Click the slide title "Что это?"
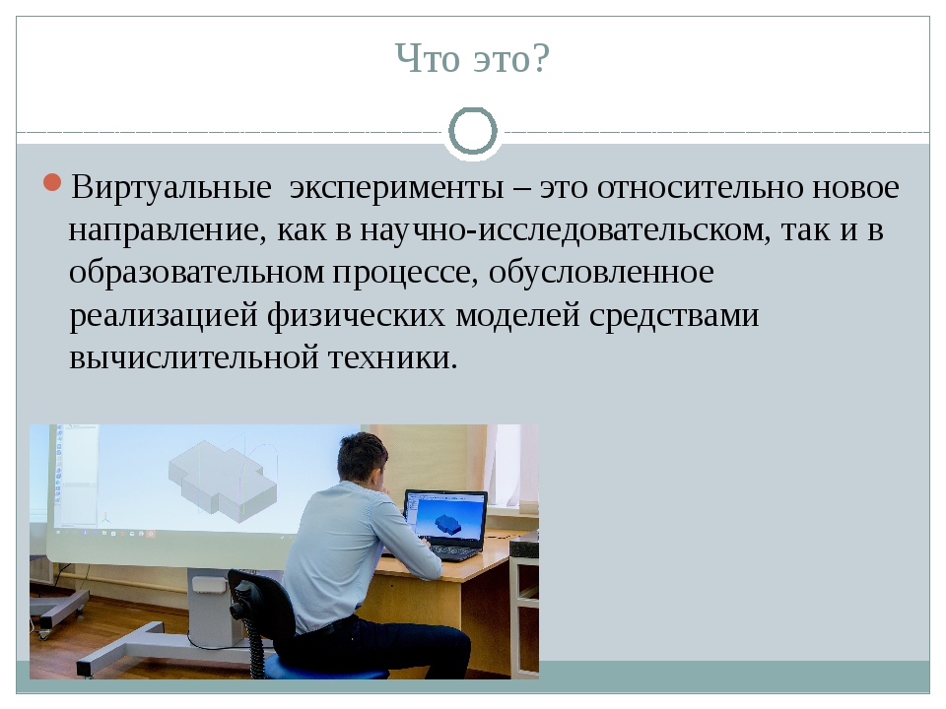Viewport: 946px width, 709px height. click(472, 59)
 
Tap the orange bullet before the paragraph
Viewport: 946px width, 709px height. click(54, 183)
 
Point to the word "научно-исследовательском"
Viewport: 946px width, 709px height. click(561, 229)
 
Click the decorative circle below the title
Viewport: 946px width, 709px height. click(473, 131)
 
